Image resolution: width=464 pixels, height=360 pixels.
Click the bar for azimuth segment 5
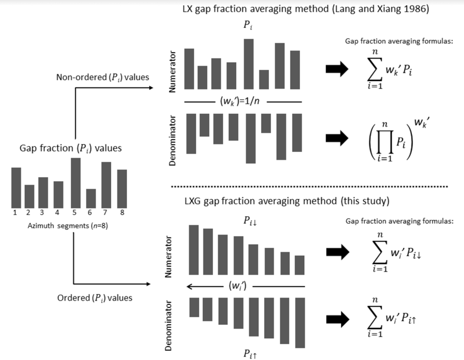[76, 182]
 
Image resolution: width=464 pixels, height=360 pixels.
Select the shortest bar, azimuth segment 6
[91, 198]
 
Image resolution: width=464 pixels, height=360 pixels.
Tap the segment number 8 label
[122, 211]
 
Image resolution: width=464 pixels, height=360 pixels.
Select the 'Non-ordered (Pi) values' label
[102, 77]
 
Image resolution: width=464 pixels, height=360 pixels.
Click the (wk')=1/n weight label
[242, 102]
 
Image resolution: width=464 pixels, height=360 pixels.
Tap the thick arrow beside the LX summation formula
[337, 69]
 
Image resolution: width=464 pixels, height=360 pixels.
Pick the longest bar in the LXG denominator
[300, 322]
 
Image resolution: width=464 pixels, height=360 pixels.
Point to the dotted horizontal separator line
[308, 186]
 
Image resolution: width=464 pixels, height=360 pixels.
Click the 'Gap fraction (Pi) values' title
[71, 148]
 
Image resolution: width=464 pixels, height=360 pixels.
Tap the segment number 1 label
[15, 211]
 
